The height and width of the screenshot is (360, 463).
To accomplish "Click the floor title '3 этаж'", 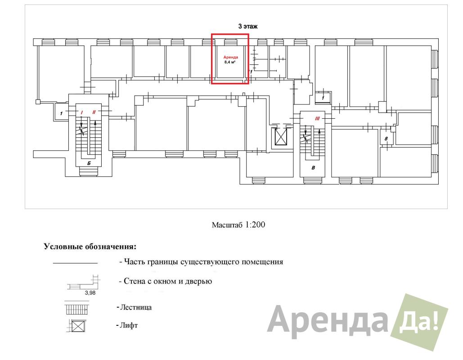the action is [x=248, y=26].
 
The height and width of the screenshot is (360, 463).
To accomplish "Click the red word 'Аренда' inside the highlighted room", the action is [x=231, y=57].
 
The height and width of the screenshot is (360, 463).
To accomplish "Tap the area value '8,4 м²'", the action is [x=230, y=62].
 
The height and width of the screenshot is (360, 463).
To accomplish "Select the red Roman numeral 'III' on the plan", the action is [x=317, y=119].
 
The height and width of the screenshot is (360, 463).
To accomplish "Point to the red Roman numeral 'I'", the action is [x=82, y=112].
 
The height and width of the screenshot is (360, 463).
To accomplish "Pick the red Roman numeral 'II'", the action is [x=94, y=112].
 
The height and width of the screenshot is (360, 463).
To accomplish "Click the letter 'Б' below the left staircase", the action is [x=89, y=163].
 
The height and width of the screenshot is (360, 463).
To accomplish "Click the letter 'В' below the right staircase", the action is [x=313, y=168].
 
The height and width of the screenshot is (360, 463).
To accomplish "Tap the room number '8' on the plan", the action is [x=386, y=139].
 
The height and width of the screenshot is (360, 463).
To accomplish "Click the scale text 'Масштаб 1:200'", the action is [x=238, y=225].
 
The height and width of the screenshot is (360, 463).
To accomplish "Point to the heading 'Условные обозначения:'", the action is [x=90, y=247].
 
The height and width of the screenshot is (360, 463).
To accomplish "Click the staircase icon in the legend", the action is [x=76, y=308].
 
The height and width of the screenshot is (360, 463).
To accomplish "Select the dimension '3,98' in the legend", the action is [x=90, y=293].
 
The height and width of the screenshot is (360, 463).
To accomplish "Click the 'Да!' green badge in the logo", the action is [x=419, y=322].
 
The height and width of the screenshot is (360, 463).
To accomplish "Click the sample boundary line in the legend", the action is [x=75, y=263].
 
